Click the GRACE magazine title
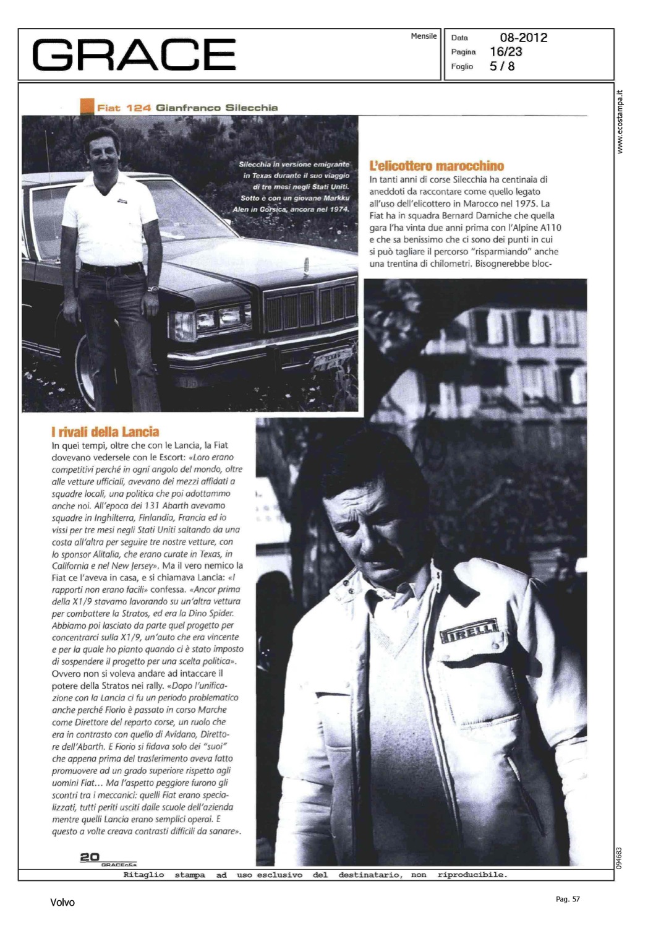click(134, 54)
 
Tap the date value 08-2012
click(523, 38)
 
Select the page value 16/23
click(506, 52)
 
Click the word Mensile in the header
click(424, 37)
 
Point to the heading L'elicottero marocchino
click(437, 166)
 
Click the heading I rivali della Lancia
click(105, 432)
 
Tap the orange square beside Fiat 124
click(87, 107)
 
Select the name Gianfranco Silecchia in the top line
click(217, 108)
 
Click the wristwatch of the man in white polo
click(153, 288)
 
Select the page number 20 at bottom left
click(90, 857)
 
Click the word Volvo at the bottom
click(62, 903)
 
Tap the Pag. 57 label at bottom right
click(568, 899)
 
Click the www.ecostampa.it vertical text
click(620, 122)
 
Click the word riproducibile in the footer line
click(471, 875)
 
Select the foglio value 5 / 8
click(502, 66)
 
